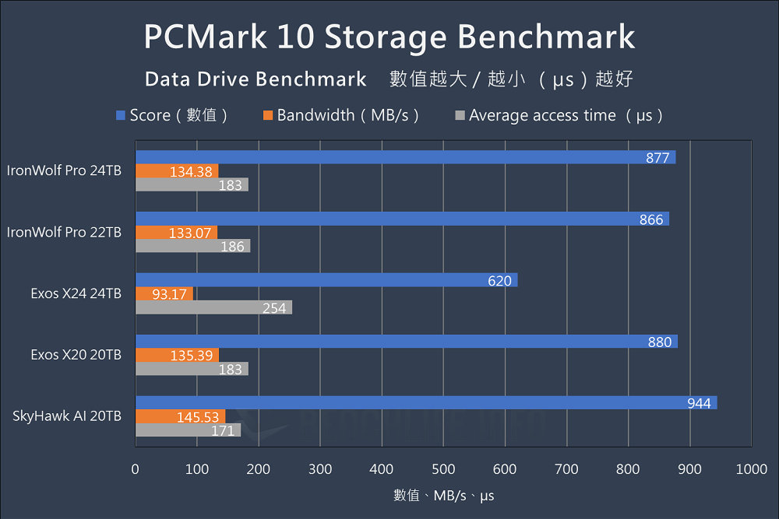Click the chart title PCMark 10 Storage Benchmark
point(389,37)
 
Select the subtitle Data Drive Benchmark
point(256,79)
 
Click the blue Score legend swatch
point(121,116)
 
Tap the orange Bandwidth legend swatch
point(268,116)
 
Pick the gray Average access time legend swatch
point(460,116)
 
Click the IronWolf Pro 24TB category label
point(64,170)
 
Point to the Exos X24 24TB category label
point(76,293)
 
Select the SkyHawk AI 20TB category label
point(67,416)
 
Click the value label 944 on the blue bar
point(699,403)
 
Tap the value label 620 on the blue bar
point(500,280)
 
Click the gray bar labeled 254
point(213,308)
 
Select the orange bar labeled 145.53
point(180,416)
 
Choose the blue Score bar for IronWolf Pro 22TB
point(402,219)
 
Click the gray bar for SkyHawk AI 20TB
point(188,430)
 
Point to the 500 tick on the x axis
point(443,469)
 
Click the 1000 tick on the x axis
point(751,469)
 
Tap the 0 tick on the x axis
point(136,469)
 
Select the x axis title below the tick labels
point(443,495)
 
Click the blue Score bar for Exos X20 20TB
point(406,342)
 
